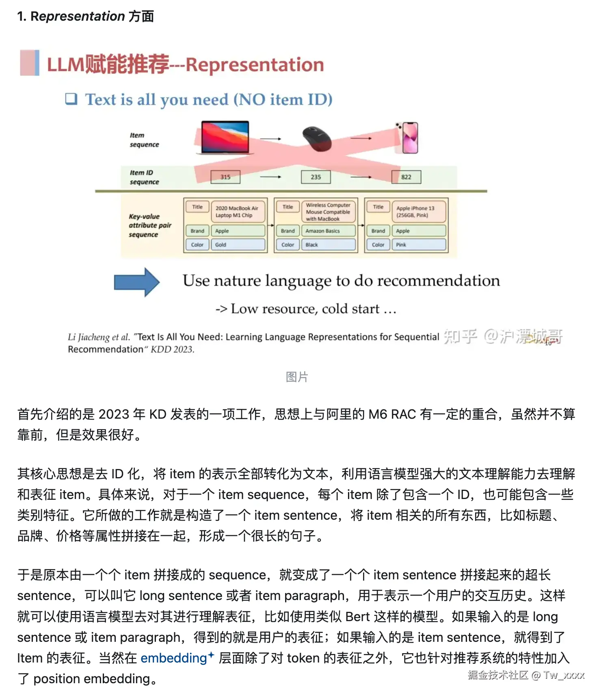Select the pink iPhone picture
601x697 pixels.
point(409,138)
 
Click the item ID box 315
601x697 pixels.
point(225,177)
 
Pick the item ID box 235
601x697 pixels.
point(316,177)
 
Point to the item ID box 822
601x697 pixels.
point(406,177)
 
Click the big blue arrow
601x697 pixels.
point(136,282)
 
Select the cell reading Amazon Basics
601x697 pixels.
point(328,231)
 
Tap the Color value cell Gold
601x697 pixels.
point(238,245)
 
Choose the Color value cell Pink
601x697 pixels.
point(418,245)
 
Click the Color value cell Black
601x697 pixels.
point(328,245)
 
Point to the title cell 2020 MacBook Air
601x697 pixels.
point(238,212)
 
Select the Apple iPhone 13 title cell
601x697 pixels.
point(418,212)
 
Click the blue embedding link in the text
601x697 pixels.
point(174,658)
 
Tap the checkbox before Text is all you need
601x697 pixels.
point(71,99)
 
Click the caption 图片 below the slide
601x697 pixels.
point(297,377)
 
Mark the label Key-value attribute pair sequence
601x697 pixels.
point(149,226)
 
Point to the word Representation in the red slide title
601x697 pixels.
point(255,65)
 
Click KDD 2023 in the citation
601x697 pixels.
point(173,349)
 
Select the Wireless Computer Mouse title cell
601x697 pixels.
point(328,212)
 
